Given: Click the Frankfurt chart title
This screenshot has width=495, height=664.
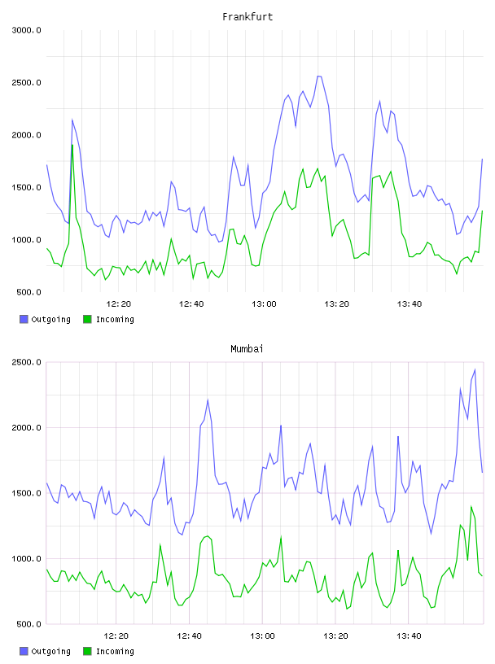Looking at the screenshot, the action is [247, 17].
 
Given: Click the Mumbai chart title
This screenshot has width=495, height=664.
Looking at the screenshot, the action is [247, 349].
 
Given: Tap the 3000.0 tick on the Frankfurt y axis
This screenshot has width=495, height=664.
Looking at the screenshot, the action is [26, 30].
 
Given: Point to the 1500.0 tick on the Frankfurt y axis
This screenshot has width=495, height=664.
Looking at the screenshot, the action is [26, 188].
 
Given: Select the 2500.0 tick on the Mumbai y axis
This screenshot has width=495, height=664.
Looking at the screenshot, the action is [26, 362].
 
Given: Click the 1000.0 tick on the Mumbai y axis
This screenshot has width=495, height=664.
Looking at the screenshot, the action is [26, 558].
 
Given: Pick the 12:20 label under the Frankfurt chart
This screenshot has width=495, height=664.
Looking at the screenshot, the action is [119, 304].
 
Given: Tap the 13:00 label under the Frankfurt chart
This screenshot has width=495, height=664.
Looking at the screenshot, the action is [264, 304].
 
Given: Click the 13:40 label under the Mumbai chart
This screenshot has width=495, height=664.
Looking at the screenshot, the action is [409, 636].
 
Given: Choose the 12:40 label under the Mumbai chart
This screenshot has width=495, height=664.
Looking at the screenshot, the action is [189, 636].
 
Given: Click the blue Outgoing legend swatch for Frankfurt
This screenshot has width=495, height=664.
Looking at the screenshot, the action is [24, 319].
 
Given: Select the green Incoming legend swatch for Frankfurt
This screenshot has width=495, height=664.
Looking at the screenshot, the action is [87, 319].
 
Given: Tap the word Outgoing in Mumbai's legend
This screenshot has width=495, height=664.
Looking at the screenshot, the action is [50, 651].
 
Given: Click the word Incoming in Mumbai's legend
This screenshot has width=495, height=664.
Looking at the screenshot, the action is [115, 651].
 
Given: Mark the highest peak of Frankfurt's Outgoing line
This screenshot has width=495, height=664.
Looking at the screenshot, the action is [318, 76].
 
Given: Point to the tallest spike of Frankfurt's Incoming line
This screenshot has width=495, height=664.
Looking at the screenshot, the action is [72, 145].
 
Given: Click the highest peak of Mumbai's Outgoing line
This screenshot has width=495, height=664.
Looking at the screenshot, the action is [475, 369].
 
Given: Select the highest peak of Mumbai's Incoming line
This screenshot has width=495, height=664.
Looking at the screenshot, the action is [471, 506].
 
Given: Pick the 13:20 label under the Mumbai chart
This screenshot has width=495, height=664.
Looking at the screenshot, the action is [335, 636].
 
